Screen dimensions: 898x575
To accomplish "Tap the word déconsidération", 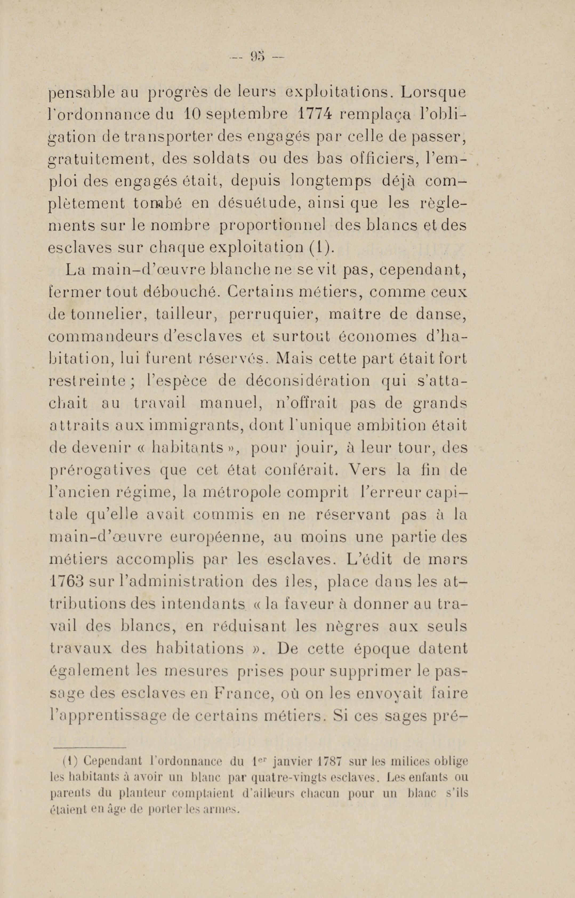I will tap(308, 381).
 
